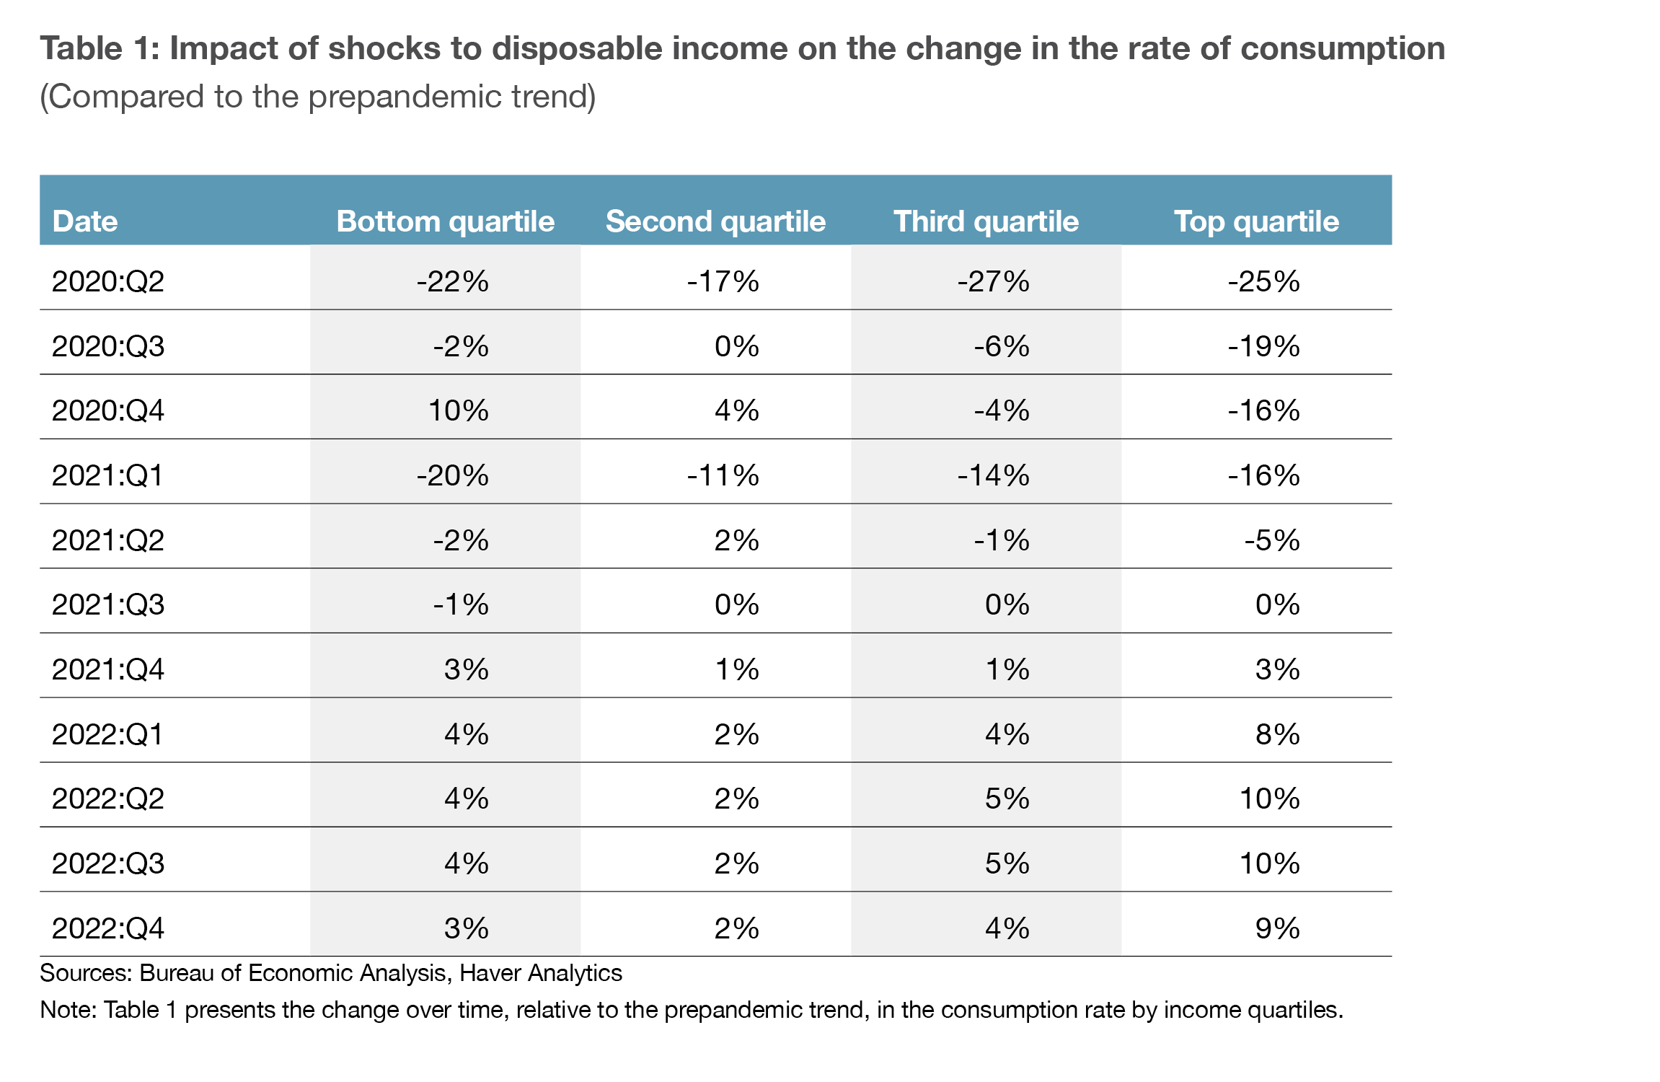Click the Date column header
click(85, 221)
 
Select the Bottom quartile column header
click(445, 221)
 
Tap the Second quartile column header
click(715, 221)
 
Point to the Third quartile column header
click(986, 221)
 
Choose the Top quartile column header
click(1256, 221)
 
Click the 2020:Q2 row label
click(108, 281)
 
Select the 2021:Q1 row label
click(108, 475)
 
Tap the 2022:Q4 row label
click(108, 928)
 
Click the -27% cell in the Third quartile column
click(993, 281)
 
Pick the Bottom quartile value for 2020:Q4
click(459, 410)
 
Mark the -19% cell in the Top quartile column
click(1263, 346)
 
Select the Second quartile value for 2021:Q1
click(723, 475)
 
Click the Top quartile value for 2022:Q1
click(1277, 734)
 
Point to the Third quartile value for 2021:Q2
click(1002, 540)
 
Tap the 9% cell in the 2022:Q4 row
click(1277, 928)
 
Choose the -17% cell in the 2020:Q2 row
click(723, 281)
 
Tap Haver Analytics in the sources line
click(541, 973)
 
